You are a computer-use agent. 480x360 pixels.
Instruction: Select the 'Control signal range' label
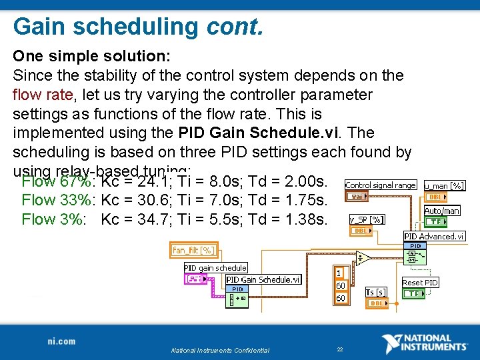pos(380,185)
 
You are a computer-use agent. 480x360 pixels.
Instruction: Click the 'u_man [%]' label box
pos(445,185)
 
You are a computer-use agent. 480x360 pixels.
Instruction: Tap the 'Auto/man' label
pos(442,211)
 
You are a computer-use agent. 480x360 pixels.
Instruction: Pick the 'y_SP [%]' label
pos(366,219)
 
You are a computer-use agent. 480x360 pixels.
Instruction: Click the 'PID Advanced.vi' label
pos(435,236)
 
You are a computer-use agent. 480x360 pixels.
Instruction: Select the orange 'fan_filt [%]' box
pos(193,250)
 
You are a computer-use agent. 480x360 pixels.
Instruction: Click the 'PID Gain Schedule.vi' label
pos(263,280)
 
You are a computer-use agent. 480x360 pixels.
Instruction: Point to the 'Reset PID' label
pos(420,283)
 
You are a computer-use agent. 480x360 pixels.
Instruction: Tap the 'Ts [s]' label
pos(376,292)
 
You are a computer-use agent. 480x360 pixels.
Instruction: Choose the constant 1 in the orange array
pos(339,273)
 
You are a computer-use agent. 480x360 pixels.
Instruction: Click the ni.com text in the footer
pos(62,341)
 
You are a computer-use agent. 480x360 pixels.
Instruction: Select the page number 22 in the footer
pos(339,349)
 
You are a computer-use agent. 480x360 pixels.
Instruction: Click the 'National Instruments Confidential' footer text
pos(220,350)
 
